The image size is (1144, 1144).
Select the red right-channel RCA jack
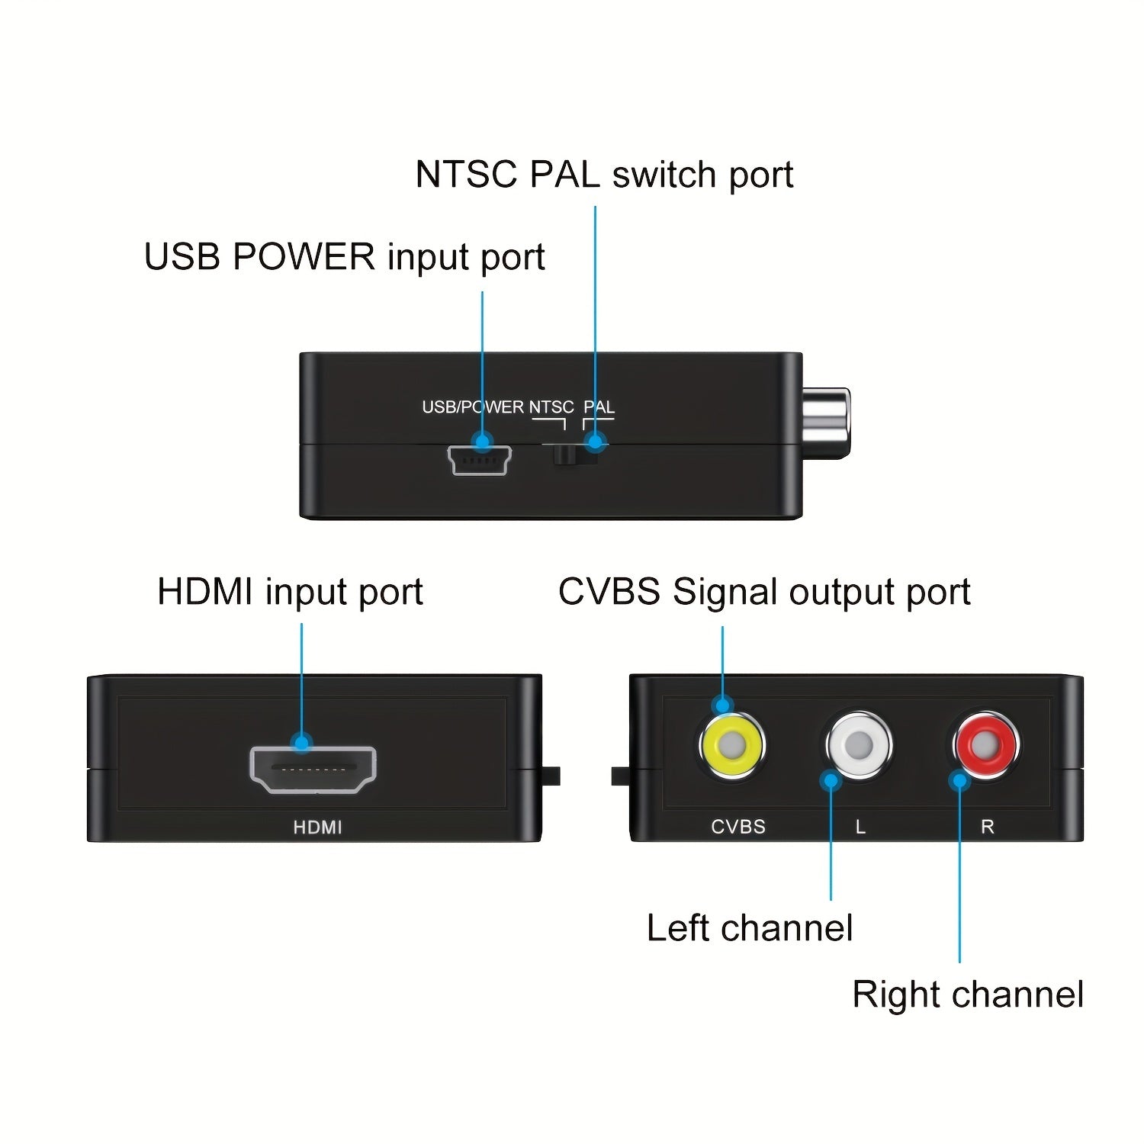pyautogui.click(x=986, y=744)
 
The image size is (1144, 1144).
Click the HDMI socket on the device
pyautogui.click(x=313, y=770)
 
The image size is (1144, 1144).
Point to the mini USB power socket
pyautogui.click(x=479, y=461)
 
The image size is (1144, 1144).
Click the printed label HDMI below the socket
pyautogui.click(x=317, y=827)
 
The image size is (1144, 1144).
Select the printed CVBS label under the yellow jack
pyautogui.click(x=737, y=827)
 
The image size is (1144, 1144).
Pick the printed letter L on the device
pyautogui.click(x=860, y=827)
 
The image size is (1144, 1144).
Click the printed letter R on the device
pyautogui.click(x=987, y=827)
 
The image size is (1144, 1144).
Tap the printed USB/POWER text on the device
pyautogui.click(x=473, y=407)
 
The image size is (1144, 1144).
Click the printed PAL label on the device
pyautogui.click(x=599, y=407)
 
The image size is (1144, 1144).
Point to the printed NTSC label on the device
pyautogui.click(x=551, y=407)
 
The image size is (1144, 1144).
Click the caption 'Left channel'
pyautogui.click(x=749, y=928)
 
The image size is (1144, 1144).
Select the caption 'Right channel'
pyautogui.click(x=967, y=995)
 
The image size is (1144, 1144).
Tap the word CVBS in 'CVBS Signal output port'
pyautogui.click(x=609, y=592)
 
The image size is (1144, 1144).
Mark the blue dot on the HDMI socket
pyautogui.click(x=302, y=742)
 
